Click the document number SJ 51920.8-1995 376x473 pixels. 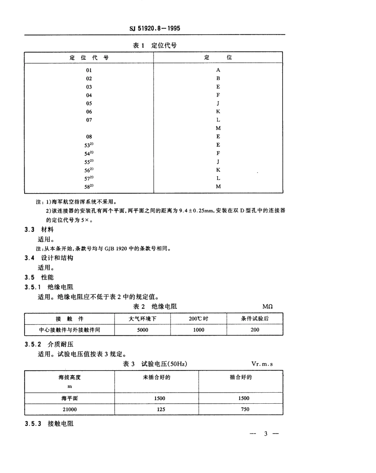(155, 28)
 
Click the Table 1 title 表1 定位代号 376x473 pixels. (155, 45)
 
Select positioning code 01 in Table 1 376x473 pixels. (89, 70)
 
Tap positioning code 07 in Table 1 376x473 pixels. (89, 120)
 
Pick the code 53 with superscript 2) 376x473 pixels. (89, 145)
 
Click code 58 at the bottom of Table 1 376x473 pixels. (89, 186)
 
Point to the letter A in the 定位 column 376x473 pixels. (218, 70)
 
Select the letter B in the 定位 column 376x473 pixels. (218, 78)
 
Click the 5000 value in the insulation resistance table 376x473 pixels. (142, 329)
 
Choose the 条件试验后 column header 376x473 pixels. (255, 319)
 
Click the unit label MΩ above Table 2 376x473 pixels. (268, 306)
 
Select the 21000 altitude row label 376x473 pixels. (70, 409)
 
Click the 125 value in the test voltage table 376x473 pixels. (156, 409)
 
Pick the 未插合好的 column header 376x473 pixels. (156, 377)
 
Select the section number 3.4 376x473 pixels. (30, 258)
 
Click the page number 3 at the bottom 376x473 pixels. (266, 434)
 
